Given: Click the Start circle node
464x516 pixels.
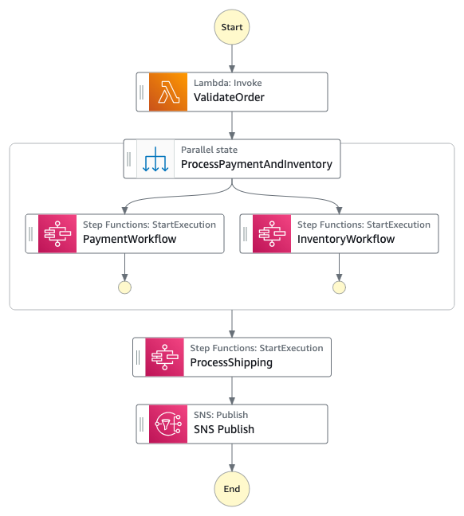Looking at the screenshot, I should tap(232, 26).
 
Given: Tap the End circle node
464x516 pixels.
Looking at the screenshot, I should tap(232, 488).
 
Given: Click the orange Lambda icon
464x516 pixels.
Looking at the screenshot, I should tap(167, 92).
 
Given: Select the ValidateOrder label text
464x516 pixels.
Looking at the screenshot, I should tap(229, 98).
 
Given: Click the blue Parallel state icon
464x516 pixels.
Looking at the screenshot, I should tap(155, 159).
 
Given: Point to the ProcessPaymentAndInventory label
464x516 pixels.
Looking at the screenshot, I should tap(256, 165).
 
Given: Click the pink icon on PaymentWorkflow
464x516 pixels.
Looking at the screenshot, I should tap(57, 233).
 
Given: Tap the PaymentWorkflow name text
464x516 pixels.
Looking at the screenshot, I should tap(130, 239).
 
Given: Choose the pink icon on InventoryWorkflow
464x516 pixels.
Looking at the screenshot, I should tap(272, 233).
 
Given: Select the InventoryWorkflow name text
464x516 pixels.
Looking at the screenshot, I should tap(346, 239).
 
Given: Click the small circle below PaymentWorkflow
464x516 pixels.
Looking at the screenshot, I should tap(124, 287).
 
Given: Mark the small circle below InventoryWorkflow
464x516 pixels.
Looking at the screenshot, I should tap(339, 287).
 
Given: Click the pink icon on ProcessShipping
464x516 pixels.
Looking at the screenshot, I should tap(164, 357).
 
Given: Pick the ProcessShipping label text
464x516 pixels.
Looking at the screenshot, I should tap(231, 362).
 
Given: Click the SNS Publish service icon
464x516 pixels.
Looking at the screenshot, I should tap(167, 424).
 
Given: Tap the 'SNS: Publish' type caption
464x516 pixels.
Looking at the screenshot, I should tap(221, 415).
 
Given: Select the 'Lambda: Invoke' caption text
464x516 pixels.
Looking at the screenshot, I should tap(228, 83).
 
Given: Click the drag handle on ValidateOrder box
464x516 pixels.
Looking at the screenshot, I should tap(142, 92).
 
